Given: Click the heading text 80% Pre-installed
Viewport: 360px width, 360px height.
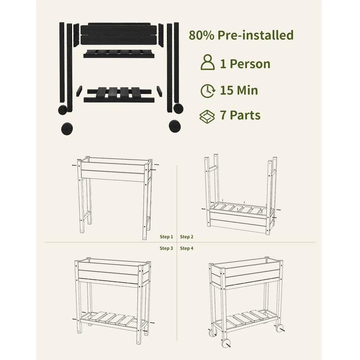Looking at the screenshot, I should (x=241, y=35).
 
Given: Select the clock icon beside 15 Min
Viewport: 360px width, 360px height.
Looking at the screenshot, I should (x=208, y=90).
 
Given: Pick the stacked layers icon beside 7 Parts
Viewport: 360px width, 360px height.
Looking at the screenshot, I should (x=207, y=116).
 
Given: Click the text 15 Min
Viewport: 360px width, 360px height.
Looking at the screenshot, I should (x=239, y=90).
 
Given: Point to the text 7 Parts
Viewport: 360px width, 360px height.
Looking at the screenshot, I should (x=240, y=116).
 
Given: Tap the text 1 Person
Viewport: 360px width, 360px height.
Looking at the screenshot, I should (x=245, y=64).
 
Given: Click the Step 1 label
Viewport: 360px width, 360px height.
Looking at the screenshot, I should (x=166, y=237).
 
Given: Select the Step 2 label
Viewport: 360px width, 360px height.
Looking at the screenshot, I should (x=187, y=237).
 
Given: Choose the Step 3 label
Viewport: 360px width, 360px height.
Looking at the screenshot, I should (x=166, y=248).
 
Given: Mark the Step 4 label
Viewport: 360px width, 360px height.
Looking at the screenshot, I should (x=187, y=248).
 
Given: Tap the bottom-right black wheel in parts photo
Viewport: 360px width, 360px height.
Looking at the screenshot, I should (x=175, y=126).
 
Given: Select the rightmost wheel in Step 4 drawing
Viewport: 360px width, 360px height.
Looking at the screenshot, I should (x=279, y=328).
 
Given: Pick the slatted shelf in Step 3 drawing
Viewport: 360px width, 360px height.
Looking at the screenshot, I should (x=112, y=318).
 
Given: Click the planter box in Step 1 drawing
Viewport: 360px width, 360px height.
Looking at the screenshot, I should (x=113, y=171).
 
